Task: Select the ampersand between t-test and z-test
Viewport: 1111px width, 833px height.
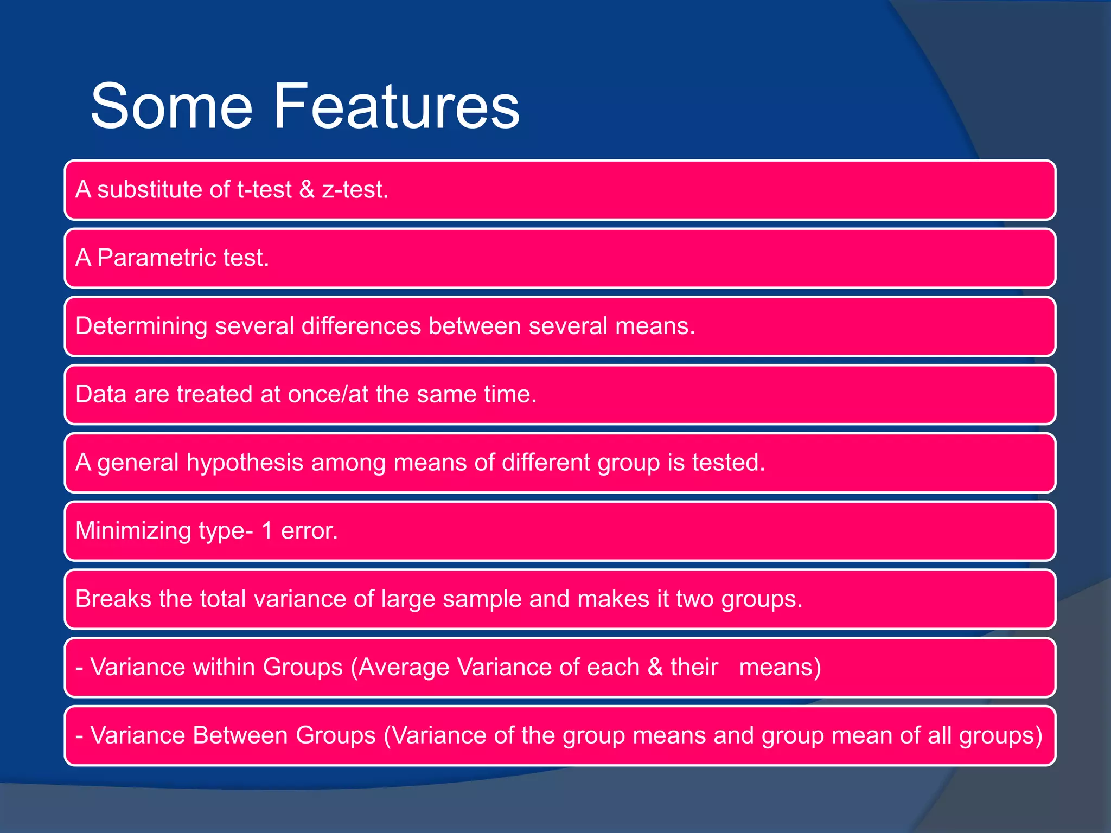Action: click(x=307, y=190)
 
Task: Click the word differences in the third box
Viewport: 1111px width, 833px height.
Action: click(x=361, y=326)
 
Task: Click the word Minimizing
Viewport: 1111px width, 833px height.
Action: click(x=133, y=531)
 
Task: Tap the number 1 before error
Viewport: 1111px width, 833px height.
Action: click(x=267, y=531)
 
